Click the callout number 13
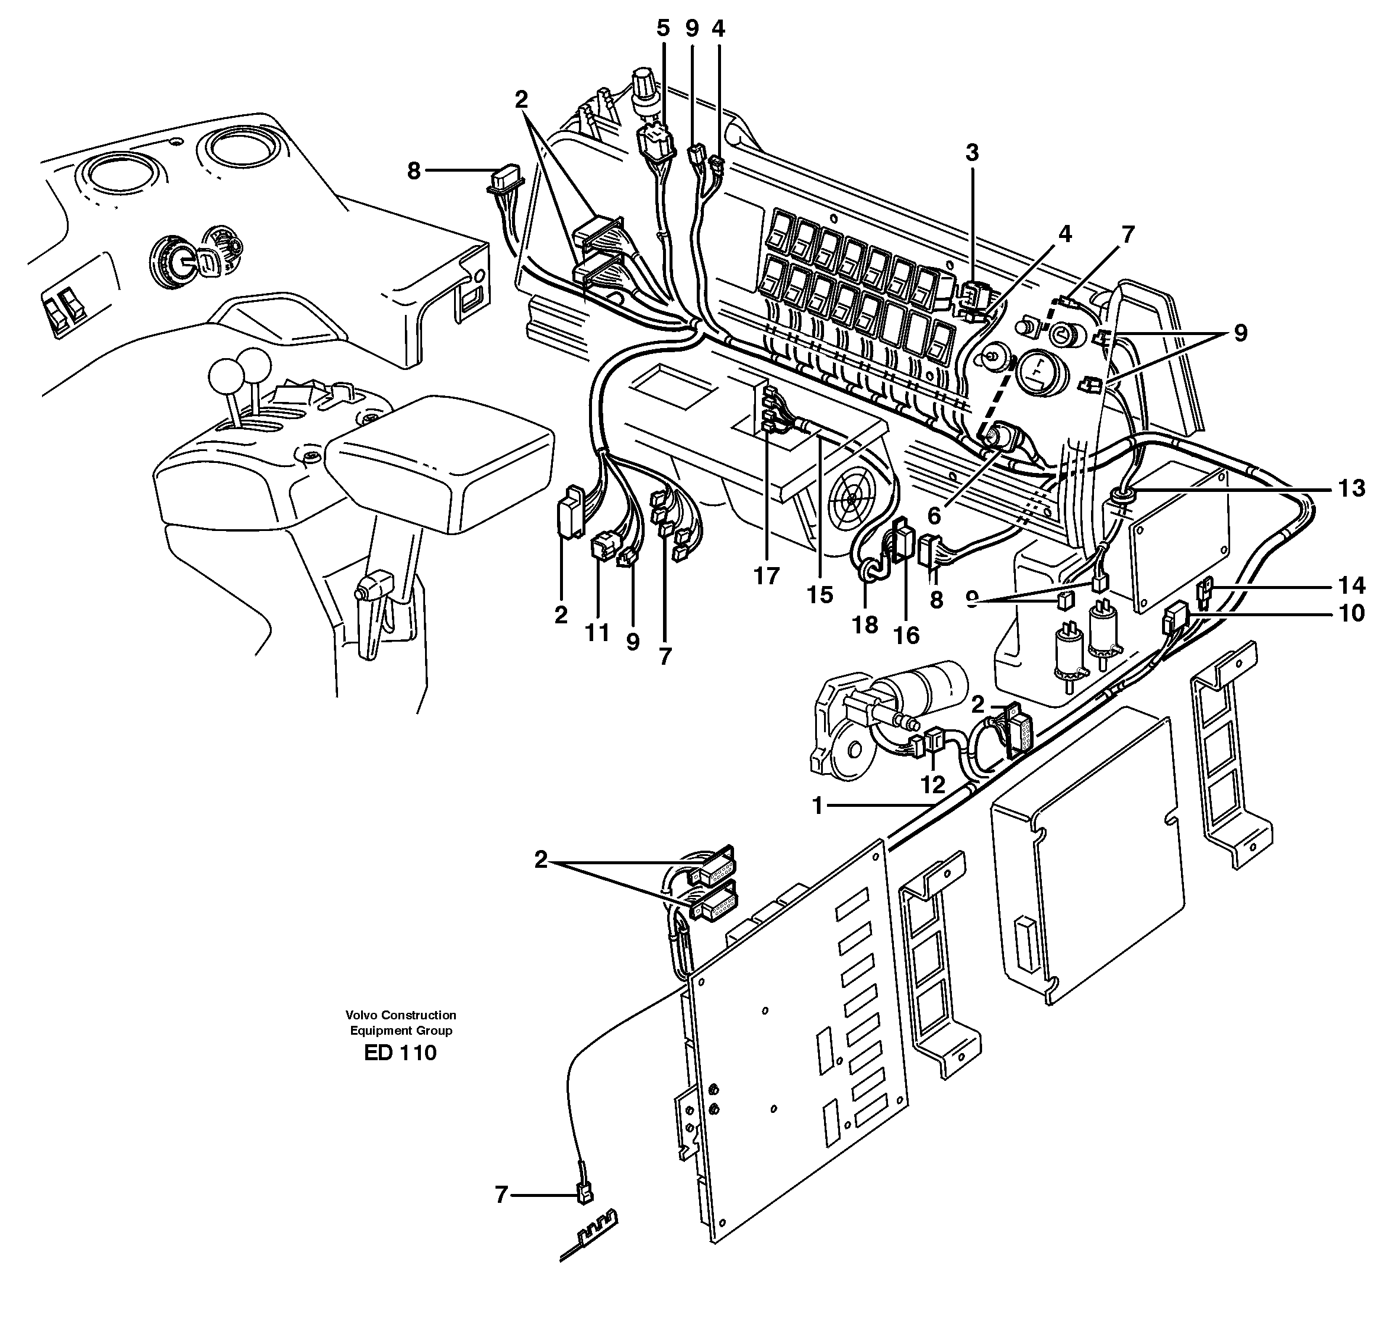click(1351, 488)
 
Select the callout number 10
click(1351, 613)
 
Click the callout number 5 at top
click(662, 28)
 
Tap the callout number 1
click(818, 806)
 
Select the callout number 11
click(597, 632)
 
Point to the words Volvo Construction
click(401, 1015)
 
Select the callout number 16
click(906, 636)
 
